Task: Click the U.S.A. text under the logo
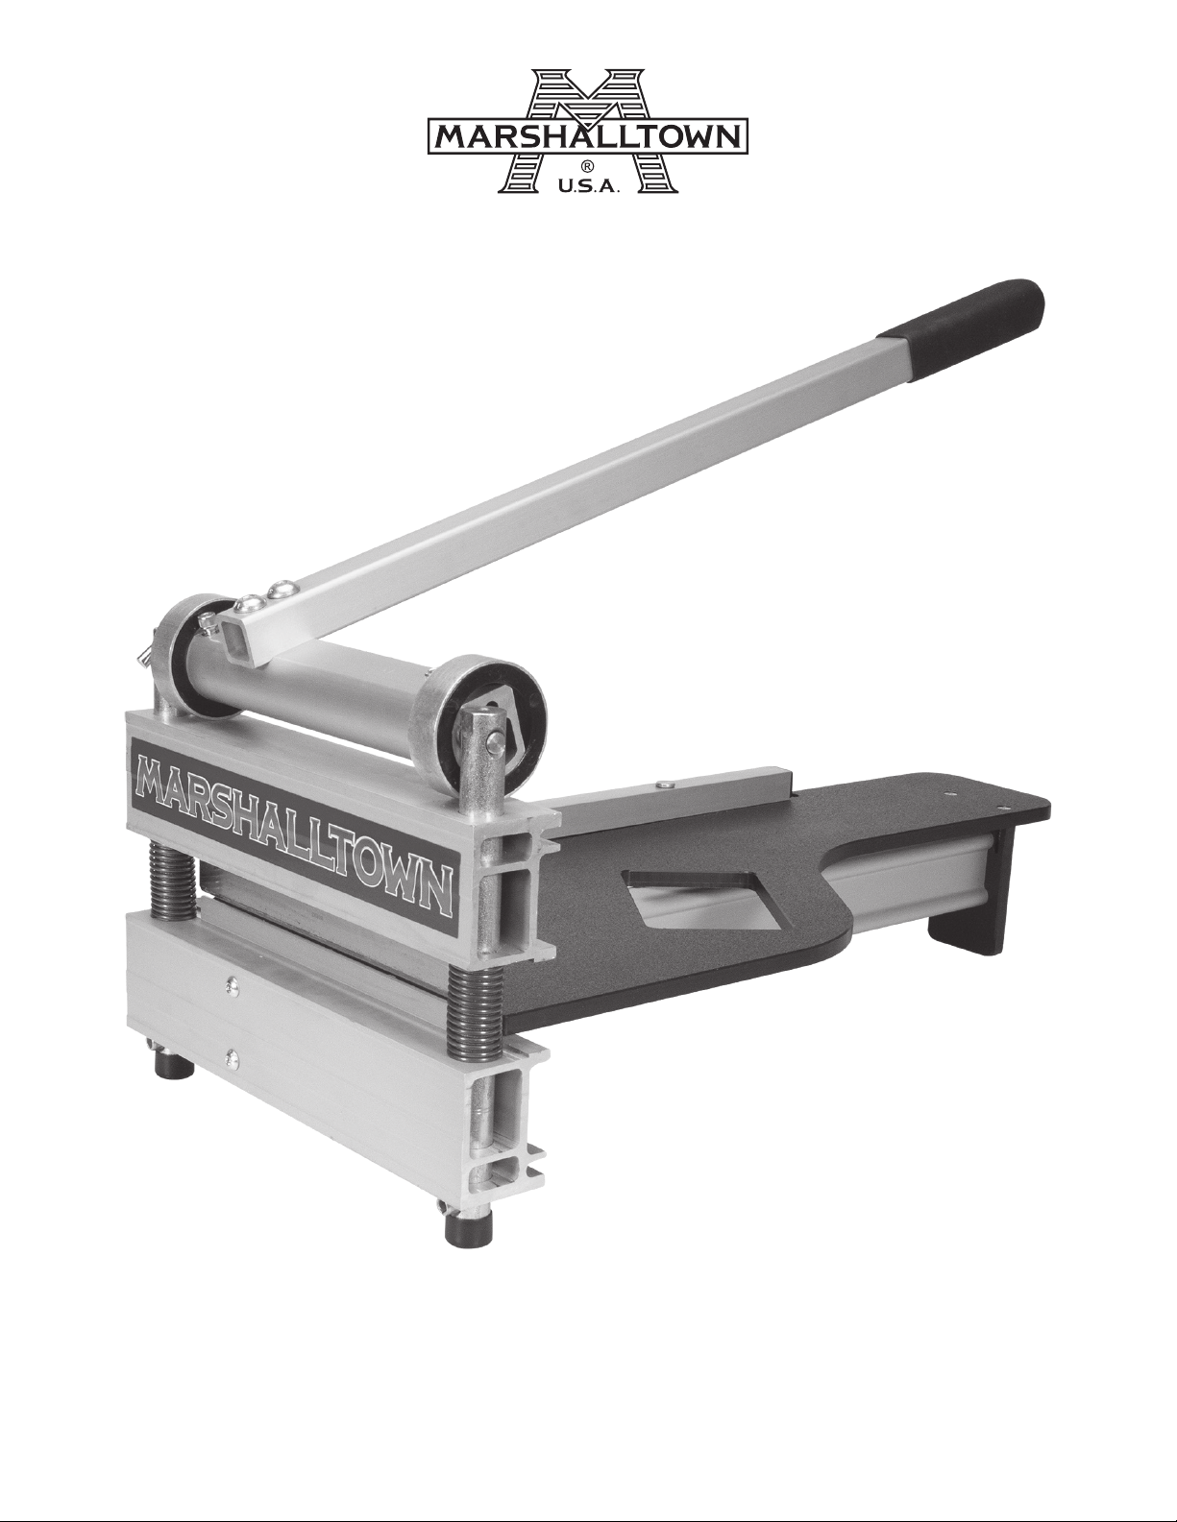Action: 588,187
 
